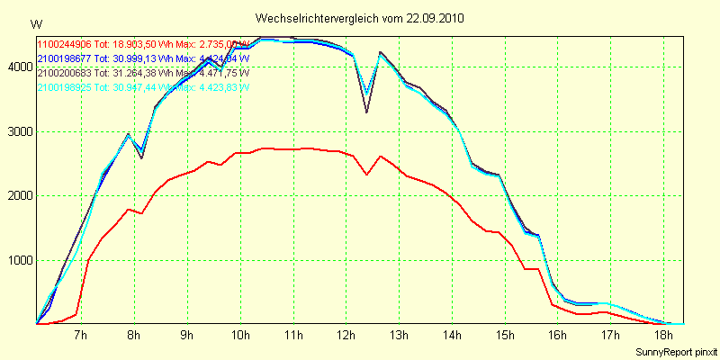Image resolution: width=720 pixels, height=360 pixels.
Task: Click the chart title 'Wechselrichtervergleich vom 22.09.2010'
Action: (360, 18)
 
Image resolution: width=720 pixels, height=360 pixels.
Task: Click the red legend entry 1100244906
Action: (64, 43)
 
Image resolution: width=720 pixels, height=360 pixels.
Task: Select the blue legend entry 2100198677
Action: (64, 58)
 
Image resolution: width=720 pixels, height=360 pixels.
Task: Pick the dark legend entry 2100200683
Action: (64, 72)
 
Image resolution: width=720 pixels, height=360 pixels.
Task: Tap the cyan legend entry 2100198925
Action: (64, 87)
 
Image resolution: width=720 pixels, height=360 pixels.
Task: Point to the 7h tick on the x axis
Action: (81, 335)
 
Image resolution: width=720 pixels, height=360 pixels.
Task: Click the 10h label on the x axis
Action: (240, 335)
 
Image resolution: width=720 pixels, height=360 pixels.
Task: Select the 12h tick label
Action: (346, 335)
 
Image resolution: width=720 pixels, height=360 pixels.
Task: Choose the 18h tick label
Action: (664, 335)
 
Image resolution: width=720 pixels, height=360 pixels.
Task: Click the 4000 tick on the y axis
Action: (19, 67)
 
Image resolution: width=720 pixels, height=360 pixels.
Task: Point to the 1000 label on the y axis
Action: (19, 260)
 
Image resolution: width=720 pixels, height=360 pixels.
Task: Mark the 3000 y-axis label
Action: (19, 131)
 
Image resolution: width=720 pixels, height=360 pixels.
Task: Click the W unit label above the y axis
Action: (35, 22)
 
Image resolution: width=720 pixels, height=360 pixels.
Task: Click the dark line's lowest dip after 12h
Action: (367, 112)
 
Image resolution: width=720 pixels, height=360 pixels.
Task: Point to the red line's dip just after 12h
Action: (367, 175)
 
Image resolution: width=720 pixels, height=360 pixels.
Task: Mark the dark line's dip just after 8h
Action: (142, 158)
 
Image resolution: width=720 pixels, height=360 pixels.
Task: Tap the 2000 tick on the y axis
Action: (19, 195)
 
